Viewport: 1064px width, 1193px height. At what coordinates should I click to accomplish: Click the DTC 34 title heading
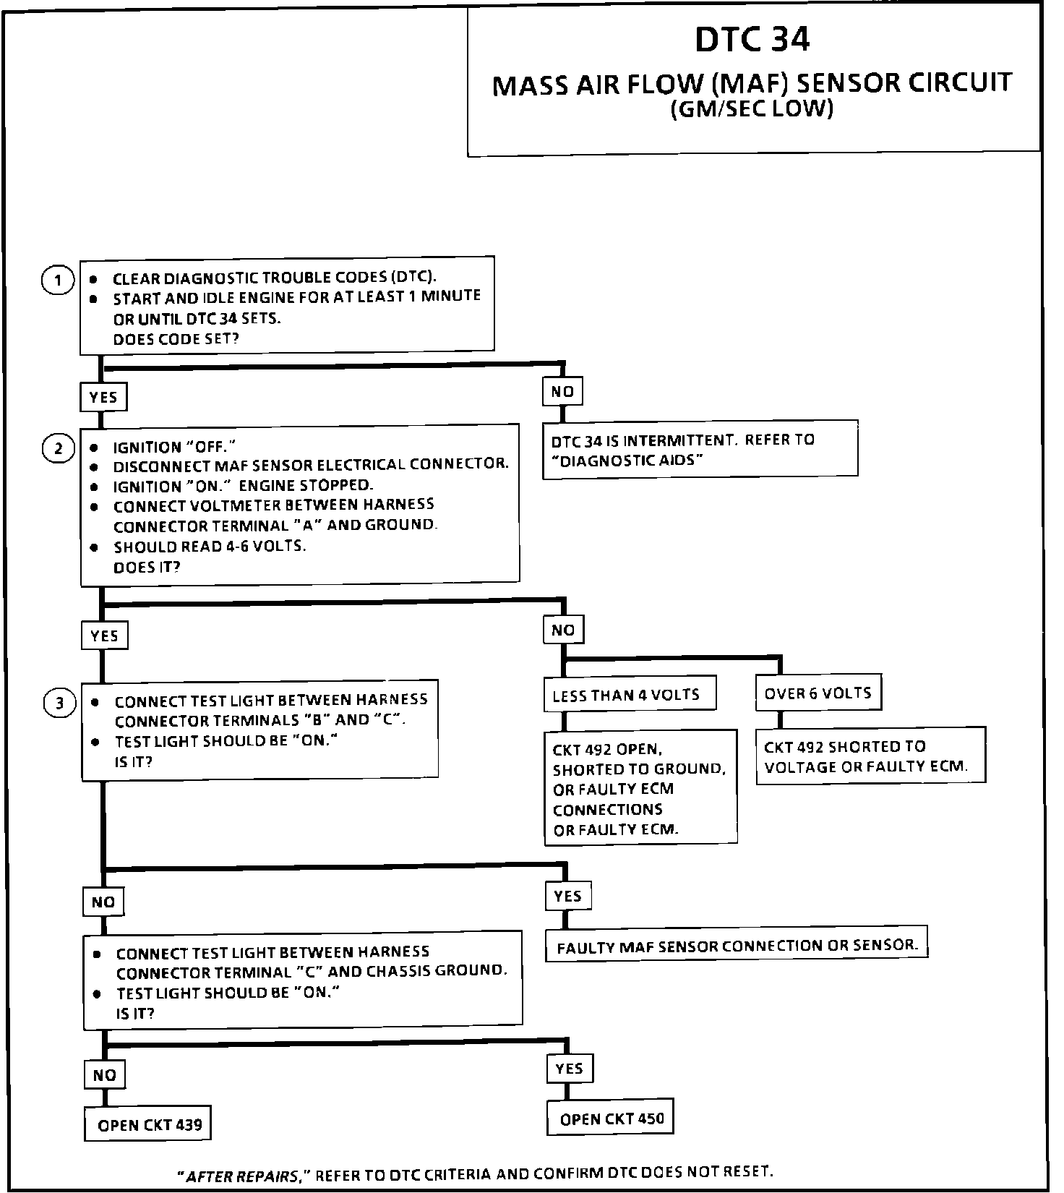[x=752, y=40]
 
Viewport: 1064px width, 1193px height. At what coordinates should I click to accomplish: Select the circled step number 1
[x=58, y=280]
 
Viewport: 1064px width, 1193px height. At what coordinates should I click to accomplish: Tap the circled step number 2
[x=59, y=448]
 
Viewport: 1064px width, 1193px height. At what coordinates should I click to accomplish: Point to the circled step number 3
[x=60, y=703]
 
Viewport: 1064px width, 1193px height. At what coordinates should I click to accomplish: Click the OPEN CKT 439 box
[x=148, y=1125]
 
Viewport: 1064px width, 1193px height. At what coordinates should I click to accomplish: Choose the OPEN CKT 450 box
[x=611, y=1119]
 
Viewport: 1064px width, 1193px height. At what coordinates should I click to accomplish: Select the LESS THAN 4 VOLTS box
[x=626, y=695]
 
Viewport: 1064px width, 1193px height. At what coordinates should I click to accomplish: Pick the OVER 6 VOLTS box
[x=818, y=693]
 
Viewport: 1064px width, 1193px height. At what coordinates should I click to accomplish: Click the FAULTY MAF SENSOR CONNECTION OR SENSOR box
[x=737, y=945]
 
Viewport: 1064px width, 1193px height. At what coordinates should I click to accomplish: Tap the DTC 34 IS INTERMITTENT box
[x=700, y=449]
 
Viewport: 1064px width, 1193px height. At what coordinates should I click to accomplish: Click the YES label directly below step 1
[x=103, y=397]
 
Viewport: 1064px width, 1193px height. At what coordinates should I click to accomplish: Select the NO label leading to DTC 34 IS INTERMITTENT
[x=562, y=392]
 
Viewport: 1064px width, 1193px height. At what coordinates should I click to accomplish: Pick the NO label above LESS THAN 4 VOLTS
[x=563, y=630]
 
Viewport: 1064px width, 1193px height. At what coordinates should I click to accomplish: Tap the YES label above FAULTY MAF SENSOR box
[x=567, y=897]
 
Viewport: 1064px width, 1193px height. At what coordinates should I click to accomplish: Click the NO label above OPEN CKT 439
[x=105, y=1075]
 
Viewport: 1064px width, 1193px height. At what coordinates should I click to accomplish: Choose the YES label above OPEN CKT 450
[x=570, y=1069]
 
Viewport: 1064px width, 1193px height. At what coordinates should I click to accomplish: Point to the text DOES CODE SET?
[x=176, y=338]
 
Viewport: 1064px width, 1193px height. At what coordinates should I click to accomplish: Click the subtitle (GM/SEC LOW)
[x=752, y=109]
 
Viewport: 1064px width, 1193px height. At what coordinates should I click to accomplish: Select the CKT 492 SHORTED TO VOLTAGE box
[x=870, y=756]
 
